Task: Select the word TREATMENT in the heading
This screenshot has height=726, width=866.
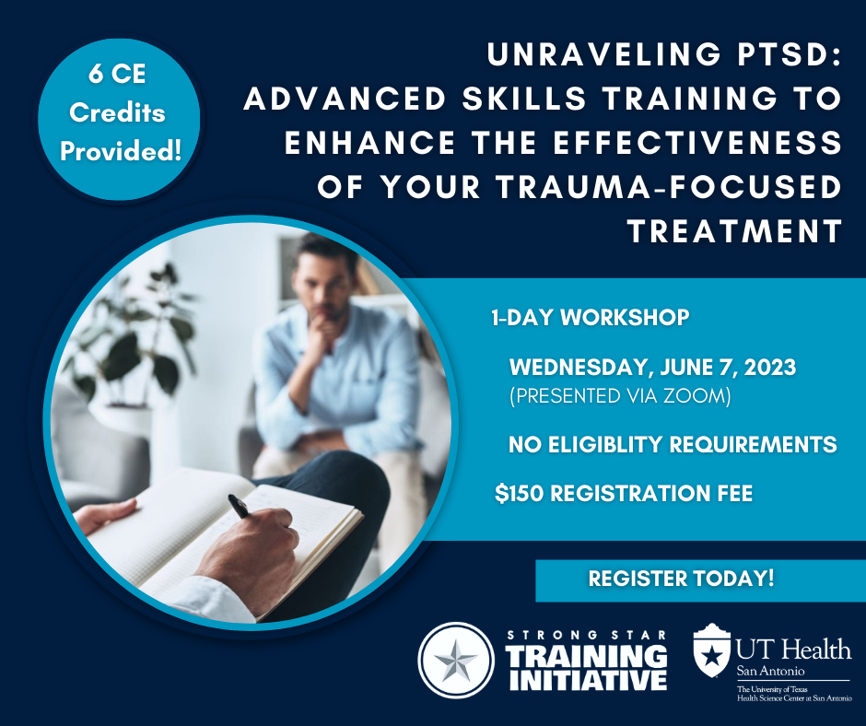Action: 734,229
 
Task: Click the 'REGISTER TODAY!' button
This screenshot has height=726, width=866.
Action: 681,580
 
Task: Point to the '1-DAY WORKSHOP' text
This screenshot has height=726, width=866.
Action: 590,319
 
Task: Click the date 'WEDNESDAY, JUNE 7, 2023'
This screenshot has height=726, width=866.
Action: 652,368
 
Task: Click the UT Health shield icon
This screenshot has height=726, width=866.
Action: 711,650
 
